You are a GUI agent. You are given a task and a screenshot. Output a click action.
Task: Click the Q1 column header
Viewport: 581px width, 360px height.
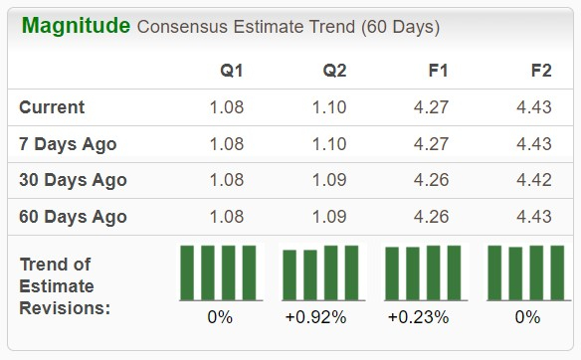(x=232, y=71)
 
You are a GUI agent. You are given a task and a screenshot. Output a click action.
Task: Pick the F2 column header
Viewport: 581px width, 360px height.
(x=542, y=71)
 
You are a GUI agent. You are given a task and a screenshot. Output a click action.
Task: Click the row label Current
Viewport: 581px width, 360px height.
(x=53, y=107)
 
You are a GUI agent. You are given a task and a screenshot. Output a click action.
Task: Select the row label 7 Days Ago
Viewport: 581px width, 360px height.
(x=68, y=144)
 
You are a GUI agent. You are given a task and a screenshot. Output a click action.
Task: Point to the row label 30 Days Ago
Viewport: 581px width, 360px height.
(x=73, y=180)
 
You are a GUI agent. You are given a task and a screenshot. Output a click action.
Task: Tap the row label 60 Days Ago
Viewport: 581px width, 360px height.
(x=73, y=216)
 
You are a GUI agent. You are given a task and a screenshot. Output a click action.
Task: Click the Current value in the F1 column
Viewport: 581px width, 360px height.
(x=431, y=107)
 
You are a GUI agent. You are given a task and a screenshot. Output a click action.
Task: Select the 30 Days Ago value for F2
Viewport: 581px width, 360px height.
(x=534, y=180)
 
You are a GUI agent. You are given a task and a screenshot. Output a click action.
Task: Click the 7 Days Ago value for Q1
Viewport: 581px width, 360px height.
(x=226, y=144)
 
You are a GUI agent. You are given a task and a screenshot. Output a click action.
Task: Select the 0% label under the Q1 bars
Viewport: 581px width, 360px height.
(x=218, y=318)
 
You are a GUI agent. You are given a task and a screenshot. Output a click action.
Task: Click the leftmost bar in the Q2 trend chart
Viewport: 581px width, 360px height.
(x=290, y=274)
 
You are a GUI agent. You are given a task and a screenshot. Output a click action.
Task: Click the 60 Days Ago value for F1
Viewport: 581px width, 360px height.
(x=431, y=216)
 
